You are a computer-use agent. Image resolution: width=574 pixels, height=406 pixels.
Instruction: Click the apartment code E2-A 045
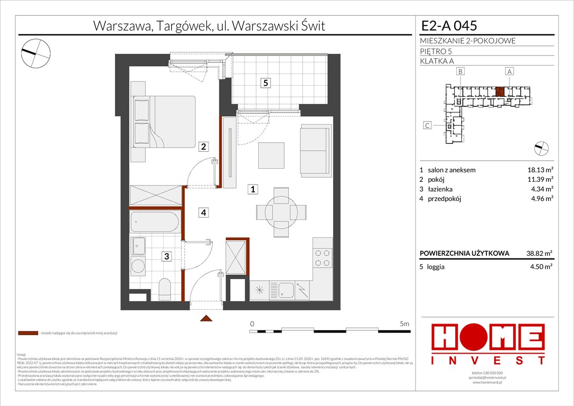coord(449,25)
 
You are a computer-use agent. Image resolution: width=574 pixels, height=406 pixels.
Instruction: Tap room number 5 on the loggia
coord(267,83)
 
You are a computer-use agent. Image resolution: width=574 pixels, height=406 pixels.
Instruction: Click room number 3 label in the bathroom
coord(166,257)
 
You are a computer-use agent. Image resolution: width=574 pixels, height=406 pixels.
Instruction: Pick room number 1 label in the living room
coord(253,189)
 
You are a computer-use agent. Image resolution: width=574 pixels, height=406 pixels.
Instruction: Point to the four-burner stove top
coord(323,258)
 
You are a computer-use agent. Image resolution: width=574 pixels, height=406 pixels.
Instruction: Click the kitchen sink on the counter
coord(287,290)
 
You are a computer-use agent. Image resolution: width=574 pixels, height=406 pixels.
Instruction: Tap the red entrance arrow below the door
coord(206,318)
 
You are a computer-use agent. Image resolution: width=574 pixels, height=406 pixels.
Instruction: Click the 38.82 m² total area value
coord(537,253)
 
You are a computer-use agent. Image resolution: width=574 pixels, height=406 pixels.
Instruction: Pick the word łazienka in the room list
coord(441,189)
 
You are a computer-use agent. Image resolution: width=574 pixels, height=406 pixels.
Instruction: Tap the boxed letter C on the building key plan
coord(428,125)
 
